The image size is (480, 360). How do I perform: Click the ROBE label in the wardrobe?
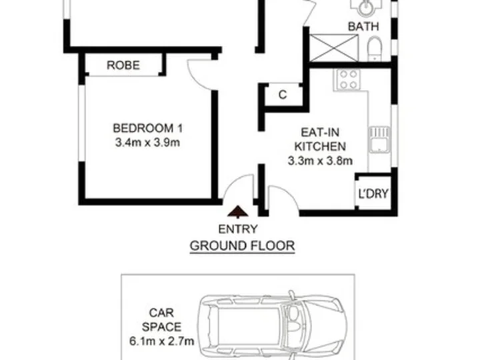click(123, 65)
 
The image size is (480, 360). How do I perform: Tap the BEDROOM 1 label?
click(148, 128)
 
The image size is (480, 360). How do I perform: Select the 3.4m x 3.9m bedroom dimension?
click(147, 143)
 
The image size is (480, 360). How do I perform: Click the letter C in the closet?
click(283, 95)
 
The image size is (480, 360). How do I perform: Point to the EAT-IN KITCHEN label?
click(320, 139)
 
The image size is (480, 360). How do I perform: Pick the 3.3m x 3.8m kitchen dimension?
click(320, 161)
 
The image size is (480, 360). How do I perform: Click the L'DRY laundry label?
click(373, 194)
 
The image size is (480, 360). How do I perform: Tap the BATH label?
click(363, 27)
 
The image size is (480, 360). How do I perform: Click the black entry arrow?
click(238, 211)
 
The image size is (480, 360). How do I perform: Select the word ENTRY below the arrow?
click(238, 229)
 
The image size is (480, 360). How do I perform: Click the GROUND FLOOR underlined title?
click(242, 246)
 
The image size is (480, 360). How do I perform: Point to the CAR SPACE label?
click(161, 320)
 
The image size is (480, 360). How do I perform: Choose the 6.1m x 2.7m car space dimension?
click(161, 341)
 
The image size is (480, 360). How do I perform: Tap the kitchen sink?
click(379, 140)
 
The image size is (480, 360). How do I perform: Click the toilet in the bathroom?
click(375, 49)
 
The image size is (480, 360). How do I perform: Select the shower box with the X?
click(334, 48)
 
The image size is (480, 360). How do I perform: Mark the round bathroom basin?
click(366, 7)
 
